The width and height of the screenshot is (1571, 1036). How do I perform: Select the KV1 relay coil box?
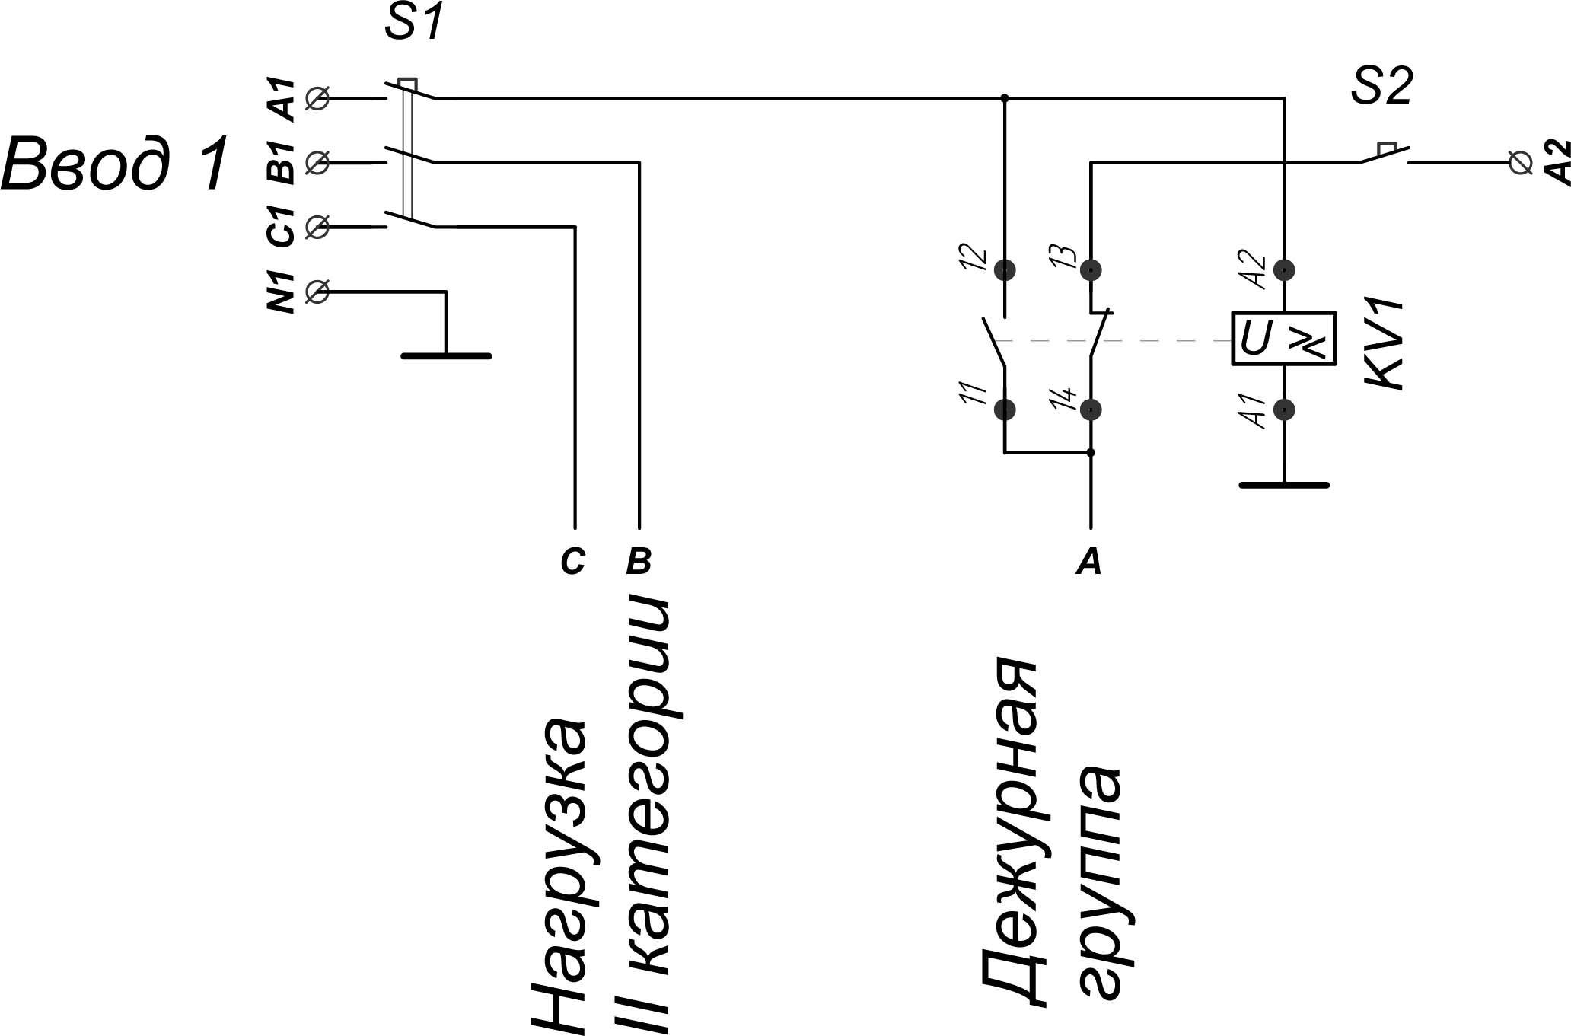pyautogui.click(x=1284, y=339)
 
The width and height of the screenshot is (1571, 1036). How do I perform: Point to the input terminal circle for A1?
pyautogui.click(x=317, y=98)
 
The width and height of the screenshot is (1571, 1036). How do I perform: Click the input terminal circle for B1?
pyautogui.click(x=317, y=162)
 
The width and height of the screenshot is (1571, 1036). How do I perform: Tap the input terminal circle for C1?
pyautogui.click(x=317, y=227)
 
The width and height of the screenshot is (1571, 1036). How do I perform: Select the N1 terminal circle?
pyautogui.click(x=317, y=292)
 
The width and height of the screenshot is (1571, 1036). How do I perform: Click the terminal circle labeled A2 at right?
pyautogui.click(x=1520, y=163)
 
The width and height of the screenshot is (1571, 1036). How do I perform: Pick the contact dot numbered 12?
pyautogui.click(x=1005, y=269)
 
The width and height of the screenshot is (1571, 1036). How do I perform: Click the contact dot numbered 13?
pyautogui.click(x=1091, y=269)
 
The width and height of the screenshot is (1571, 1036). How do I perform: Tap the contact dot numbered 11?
pyautogui.click(x=1005, y=410)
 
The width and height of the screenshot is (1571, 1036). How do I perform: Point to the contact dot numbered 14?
pyautogui.click(x=1091, y=410)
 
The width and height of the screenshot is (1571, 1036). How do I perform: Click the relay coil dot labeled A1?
pyautogui.click(x=1284, y=410)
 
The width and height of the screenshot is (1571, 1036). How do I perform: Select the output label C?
pyautogui.click(x=573, y=562)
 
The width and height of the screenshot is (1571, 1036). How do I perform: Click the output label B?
pyautogui.click(x=639, y=562)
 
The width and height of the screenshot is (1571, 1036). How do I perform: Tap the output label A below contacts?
pyautogui.click(x=1089, y=562)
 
